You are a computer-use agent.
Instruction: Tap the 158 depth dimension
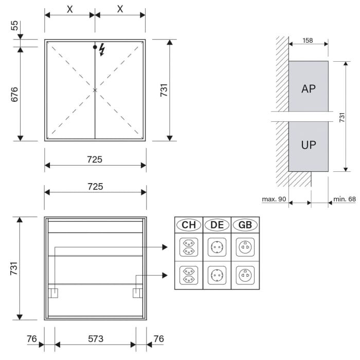tap(308, 40)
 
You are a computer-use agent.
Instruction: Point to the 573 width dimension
tap(96, 338)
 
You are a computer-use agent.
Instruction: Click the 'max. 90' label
tap(274, 199)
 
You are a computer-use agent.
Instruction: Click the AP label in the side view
tap(308, 88)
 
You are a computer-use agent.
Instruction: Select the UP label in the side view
tap(308, 145)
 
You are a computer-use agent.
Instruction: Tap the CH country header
tap(189, 225)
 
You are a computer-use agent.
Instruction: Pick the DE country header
tap(217, 225)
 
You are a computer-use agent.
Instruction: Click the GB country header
tap(245, 225)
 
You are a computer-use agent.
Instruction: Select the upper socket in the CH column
tap(189, 247)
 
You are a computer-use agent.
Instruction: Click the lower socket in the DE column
tap(217, 275)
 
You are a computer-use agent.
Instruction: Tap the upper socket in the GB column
tap(245, 247)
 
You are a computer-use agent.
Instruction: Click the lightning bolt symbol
tap(102, 49)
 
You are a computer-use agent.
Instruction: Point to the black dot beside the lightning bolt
tap(95, 47)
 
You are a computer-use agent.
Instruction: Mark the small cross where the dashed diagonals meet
tap(95, 90)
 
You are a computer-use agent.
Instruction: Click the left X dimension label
tap(69, 9)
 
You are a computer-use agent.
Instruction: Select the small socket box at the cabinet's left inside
tap(53, 293)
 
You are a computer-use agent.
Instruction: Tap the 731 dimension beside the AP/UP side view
tap(342, 117)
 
